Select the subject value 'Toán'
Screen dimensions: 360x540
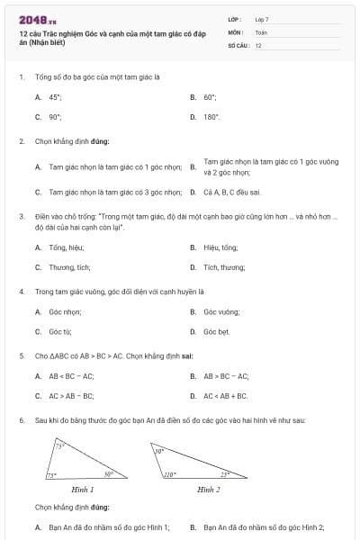(x=261, y=31)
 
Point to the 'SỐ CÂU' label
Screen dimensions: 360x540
(x=237, y=45)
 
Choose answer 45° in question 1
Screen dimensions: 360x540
(x=55, y=96)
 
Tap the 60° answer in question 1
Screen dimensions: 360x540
(x=210, y=96)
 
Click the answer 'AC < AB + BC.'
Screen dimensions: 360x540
(x=226, y=395)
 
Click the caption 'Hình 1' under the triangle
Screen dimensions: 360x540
(x=82, y=490)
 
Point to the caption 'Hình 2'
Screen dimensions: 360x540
(x=209, y=490)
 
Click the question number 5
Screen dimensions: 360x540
(x=21, y=355)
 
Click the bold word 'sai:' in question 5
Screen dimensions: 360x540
(x=188, y=355)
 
